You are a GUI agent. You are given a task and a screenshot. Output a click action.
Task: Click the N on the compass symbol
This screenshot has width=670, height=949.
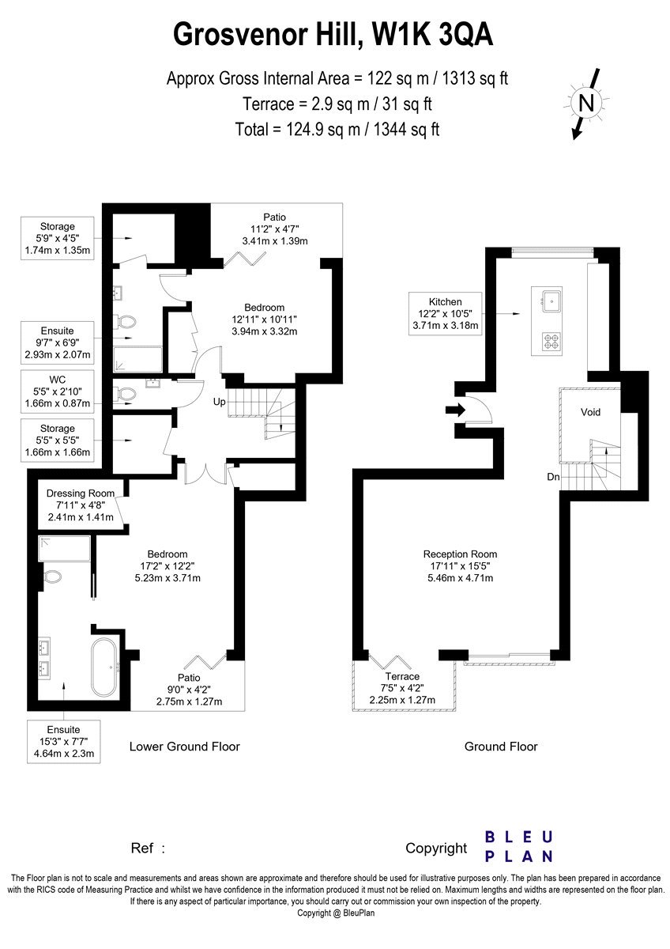(586, 103)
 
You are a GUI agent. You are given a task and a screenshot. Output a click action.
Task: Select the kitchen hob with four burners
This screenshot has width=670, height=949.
(551, 341)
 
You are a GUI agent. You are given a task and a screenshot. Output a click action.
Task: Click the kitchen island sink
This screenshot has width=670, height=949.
(551, 301)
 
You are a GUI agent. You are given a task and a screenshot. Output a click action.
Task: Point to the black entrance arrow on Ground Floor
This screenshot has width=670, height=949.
(455, 410)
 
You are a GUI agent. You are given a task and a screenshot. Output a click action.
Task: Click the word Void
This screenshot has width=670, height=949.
(590, 412)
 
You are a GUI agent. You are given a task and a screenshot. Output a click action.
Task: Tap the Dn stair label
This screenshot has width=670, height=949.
(553, 477)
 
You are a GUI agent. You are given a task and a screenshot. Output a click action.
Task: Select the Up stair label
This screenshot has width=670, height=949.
(219, 401)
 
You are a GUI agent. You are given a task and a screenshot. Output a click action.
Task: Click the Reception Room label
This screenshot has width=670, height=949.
(460, 554)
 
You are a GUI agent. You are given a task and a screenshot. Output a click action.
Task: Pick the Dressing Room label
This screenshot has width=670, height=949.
(81, 493)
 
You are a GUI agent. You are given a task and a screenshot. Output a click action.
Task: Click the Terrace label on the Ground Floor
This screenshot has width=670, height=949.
(402, 676)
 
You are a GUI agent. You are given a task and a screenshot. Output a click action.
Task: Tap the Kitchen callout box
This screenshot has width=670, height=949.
(446, 314)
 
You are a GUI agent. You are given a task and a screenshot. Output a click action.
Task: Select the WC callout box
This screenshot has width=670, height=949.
(58, 391)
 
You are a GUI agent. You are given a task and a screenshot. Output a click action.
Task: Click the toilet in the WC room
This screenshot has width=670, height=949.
(126, 395)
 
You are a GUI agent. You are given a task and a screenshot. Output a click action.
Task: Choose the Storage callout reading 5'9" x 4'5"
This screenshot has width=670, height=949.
(58, 238)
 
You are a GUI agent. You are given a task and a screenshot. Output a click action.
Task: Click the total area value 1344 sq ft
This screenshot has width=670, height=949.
(406, 129)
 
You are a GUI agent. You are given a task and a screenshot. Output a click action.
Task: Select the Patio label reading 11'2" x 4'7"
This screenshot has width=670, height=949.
(275, 229)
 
